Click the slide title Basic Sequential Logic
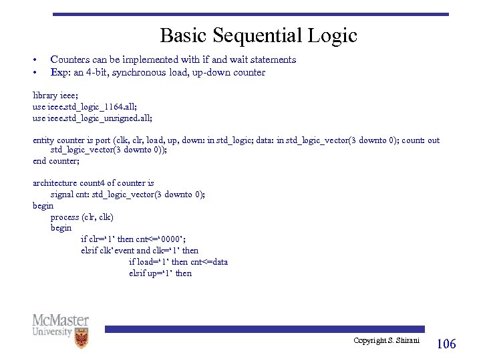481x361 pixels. click(x=259, y=35)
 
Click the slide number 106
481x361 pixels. click(x=446, y=344)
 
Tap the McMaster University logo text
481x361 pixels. click(x=60, y=326)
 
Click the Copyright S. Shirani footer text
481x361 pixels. click(x=386, y=341)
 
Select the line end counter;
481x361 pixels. click(x=56, y=161)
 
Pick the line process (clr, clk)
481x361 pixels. click(x=82, y=217)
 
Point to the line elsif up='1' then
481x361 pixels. click(x=160, y=273)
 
